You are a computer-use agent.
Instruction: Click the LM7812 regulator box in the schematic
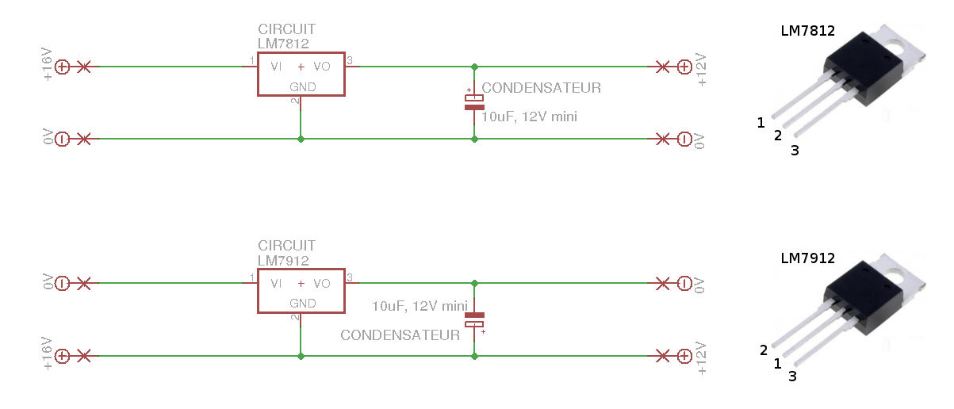point(301,75)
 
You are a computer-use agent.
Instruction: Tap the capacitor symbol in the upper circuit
point(474,101)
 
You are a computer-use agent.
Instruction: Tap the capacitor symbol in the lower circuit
point(474,319)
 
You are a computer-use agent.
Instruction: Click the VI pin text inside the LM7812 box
point(276,67)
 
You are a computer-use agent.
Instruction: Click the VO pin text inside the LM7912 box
point(322,284)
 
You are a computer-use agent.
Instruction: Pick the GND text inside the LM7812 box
point(302,87)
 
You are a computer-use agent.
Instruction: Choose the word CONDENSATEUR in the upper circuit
point(542,88)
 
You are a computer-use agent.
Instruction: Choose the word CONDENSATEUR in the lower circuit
point(400,335)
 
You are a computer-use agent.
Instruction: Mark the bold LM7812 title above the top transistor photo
point(807,31)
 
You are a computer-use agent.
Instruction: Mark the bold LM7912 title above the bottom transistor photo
point(807,258)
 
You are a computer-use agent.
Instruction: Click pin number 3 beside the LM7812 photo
point(795,151)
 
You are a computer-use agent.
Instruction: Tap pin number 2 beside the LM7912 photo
point(764,350)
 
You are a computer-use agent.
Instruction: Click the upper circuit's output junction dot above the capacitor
point(474,67)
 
